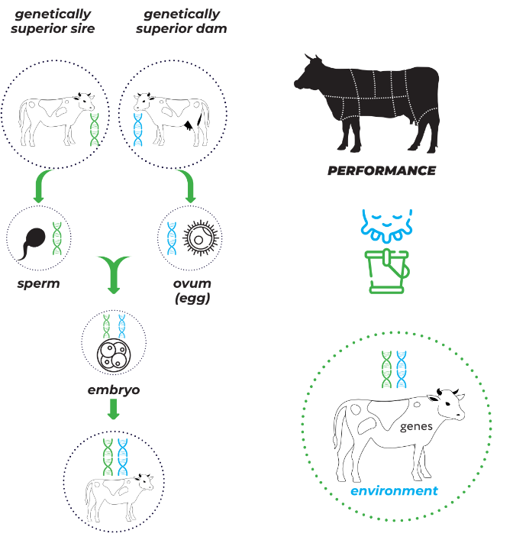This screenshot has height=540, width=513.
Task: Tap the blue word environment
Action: pyautogui.click(x=394, y=490)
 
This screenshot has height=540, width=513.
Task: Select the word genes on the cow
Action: pyautogui.click(x=416, y=426)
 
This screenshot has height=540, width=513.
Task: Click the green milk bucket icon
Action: pyautogui.click(x=389, y=270)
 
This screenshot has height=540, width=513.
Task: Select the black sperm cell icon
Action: pyautogui.click(x=32, y=240)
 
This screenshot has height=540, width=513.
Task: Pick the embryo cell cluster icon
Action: pyautogui.click(x=114, y=355)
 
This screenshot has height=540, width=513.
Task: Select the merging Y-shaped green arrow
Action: pyautogui.click(x=113, y=273)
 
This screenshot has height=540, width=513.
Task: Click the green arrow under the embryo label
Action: pyautogui.click(x=113, y=409)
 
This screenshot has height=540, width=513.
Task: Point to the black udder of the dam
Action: pyautogui.click(x=192, y=121)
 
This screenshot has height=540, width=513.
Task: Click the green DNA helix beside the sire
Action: pyautogui.click(x=95, y=129)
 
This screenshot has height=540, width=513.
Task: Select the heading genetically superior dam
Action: pyautogui.click(x=181, y=21)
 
